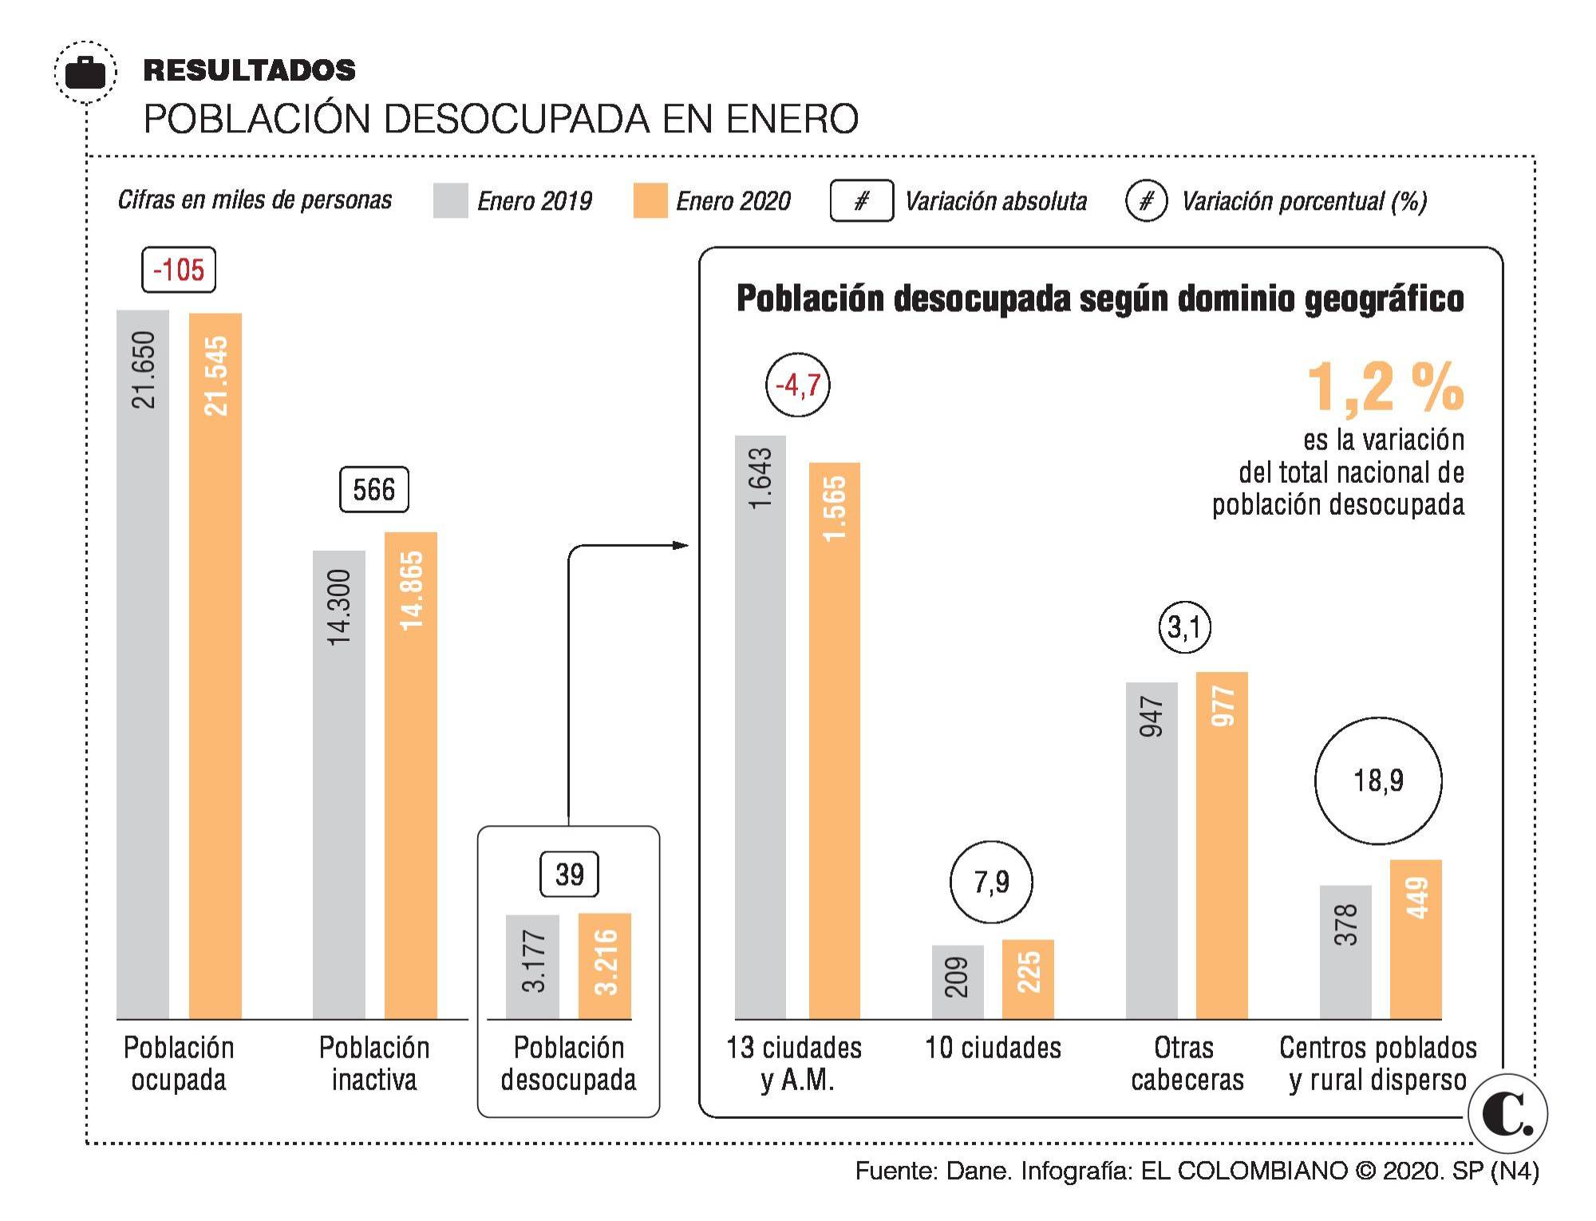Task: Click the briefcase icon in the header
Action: tap(85, 73)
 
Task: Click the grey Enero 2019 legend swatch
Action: tap(450, 200)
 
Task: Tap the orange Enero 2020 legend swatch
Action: tap(650, 200)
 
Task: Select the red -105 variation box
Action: tap(179, 270)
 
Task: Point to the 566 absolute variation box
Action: tap(373, 489)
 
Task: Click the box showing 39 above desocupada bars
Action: tap(569, 874)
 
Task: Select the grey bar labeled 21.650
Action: tap(143, 662)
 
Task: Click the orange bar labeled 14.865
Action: tap(410, 774)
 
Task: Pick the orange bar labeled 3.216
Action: tap(605, 966)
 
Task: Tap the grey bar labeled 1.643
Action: tap(760, 726)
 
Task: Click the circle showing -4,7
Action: tap(797, 385)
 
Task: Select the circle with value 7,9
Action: tap(991, 882)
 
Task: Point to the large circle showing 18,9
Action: tap(1378, 780)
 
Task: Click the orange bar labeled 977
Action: tap(1222, 846)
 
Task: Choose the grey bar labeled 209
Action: tap(958, 982)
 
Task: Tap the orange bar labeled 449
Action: tap(1416, 939)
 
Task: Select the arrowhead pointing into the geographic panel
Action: tap(680, 545)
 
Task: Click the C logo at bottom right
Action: tap(1507, 1115)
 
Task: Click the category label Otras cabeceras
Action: tap(1187, 1063)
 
